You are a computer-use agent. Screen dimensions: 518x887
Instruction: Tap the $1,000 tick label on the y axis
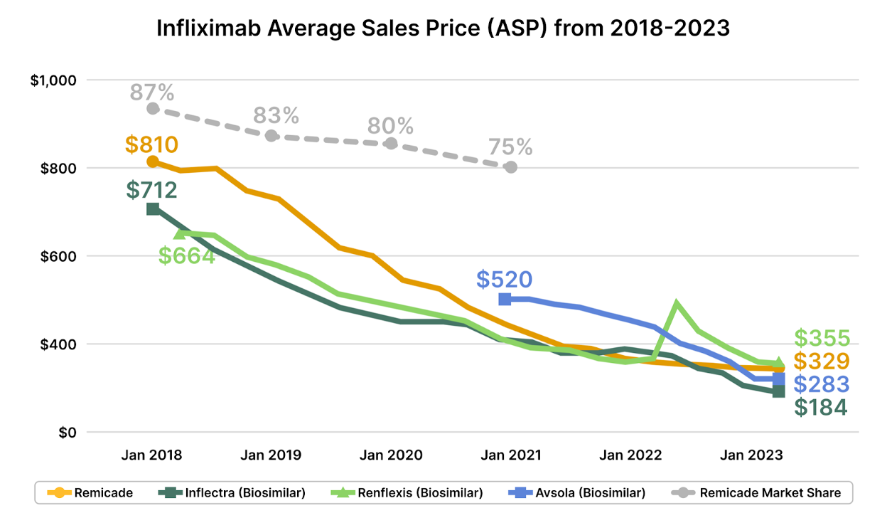(53, 80)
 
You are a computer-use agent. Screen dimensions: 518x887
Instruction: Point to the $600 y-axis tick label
(58, 256)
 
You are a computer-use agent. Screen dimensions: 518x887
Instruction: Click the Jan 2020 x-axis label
(392, 455)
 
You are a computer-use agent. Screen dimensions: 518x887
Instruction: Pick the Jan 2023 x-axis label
(752, 455)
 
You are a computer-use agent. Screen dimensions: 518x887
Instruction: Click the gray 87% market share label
(152, 92)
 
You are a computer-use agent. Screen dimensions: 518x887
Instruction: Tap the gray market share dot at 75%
(510, 167)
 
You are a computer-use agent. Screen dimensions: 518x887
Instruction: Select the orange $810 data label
(151, 144)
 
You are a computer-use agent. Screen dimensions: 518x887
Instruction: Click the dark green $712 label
(151, 190)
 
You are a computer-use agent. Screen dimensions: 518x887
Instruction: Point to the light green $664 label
(186, 255)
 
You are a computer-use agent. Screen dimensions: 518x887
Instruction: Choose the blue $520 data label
(504, 280)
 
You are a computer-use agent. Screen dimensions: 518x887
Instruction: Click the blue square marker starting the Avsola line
(505, 299)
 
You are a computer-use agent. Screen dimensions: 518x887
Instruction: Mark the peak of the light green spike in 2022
(677, 304)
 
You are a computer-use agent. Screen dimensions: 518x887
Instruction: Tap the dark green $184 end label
(821, 408)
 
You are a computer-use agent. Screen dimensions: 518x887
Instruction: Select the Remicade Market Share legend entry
(760, 492)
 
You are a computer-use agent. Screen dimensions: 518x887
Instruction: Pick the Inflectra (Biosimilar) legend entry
(235, 492)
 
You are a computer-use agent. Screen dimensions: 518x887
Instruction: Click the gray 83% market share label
(276, 115)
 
